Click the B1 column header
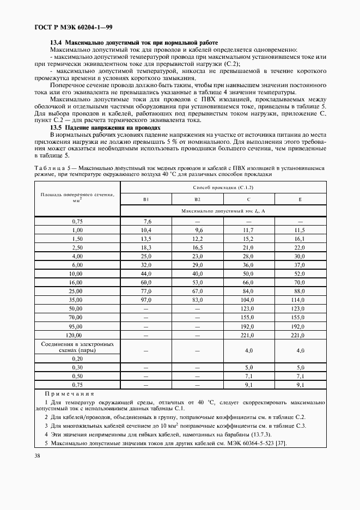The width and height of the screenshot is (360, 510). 146,199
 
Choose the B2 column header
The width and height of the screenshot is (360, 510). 198,199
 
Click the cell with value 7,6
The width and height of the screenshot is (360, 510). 147,222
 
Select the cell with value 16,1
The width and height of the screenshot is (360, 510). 298,239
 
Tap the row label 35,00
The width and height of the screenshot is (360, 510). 77,300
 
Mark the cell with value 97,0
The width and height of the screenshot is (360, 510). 146,300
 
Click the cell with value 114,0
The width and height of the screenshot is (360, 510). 298,300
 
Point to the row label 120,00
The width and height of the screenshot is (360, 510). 77,335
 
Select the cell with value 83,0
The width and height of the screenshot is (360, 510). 198,300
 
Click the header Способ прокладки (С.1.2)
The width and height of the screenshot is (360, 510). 223,187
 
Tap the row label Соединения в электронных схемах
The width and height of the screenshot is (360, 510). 77,348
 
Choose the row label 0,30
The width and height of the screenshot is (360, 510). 77,367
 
